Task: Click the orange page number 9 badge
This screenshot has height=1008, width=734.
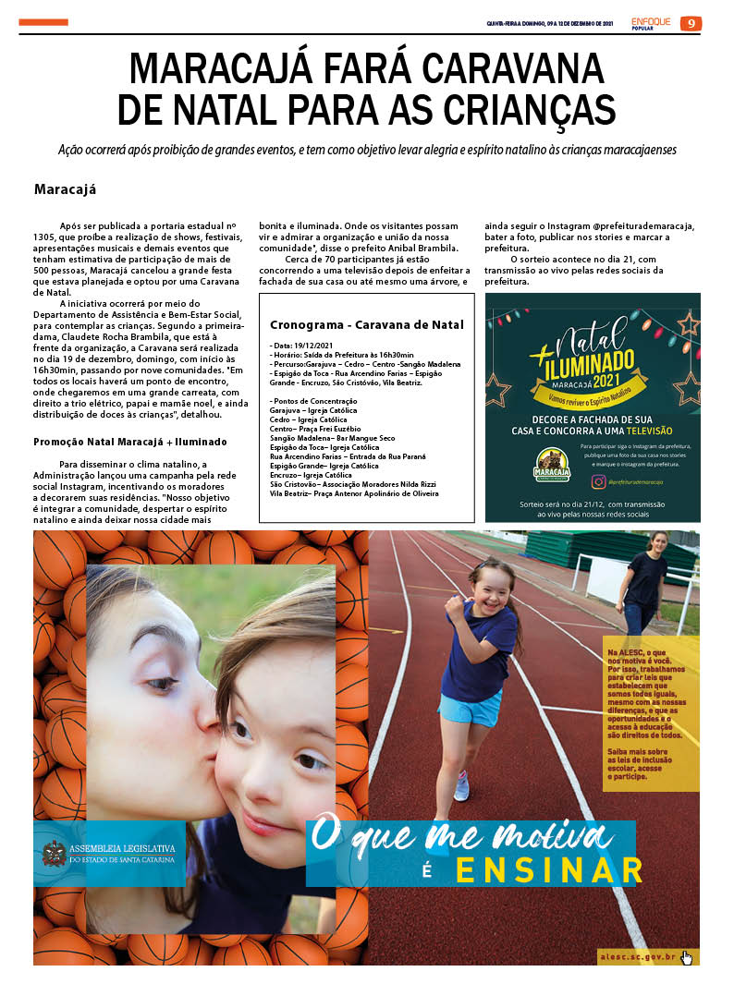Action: pos(691,23)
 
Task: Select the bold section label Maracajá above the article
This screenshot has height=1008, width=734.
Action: pos(66,189)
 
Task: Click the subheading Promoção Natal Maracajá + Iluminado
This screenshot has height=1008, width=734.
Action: pos(129,442)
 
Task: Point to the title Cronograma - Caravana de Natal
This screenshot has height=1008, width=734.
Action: pos(366,324)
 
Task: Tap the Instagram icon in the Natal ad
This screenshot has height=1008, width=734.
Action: pos(600,481)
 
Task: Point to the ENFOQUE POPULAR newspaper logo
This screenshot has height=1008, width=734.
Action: pos(651,23)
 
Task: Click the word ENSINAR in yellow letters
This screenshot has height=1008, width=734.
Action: pos(550,870)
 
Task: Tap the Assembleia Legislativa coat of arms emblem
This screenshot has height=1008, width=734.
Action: pos(55,853)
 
